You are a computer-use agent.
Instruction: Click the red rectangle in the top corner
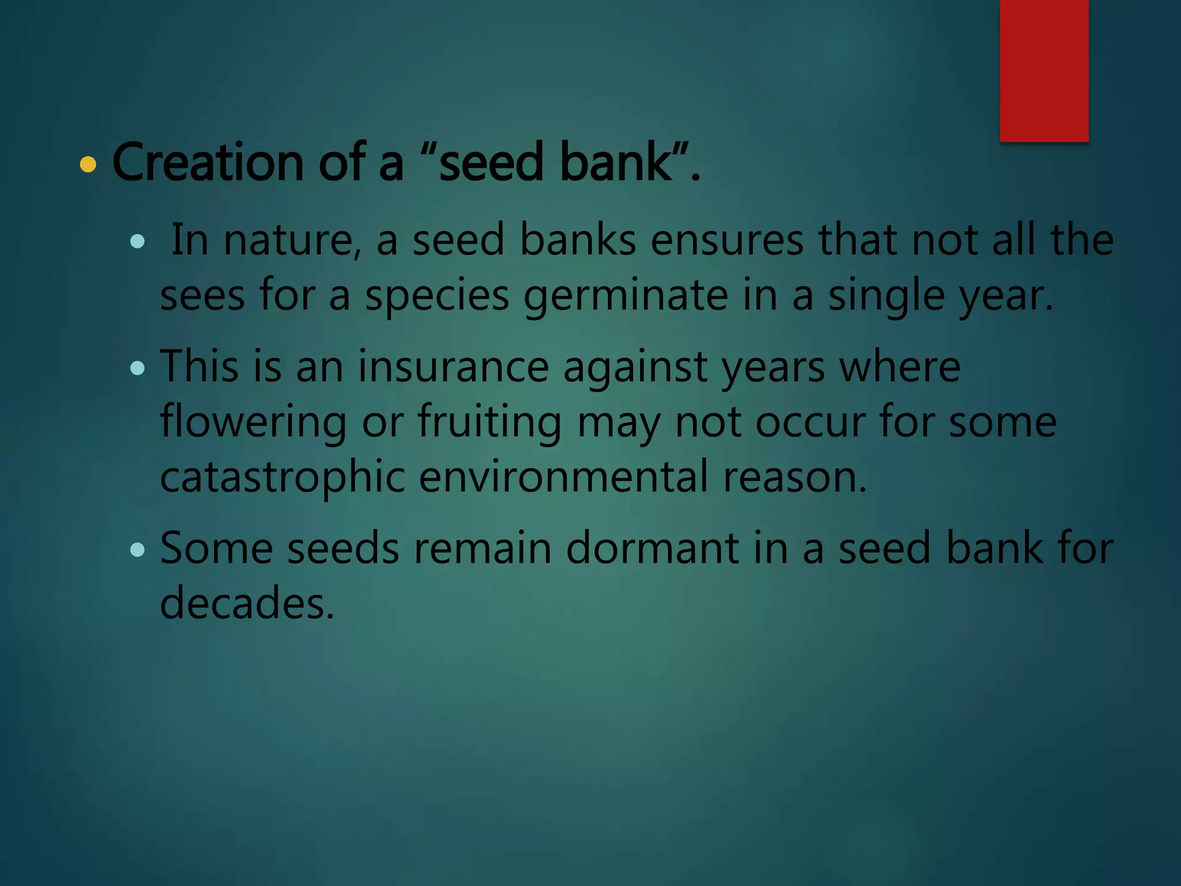point(1044,70)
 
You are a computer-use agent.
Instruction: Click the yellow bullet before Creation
point(88,165)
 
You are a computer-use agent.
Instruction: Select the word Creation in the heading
point(208,163)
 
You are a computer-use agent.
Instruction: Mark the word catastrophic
point(282,477)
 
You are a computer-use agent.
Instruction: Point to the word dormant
point(652,548)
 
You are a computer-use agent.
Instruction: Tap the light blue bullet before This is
point(137,368)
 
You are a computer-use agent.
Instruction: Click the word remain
point(483,548)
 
